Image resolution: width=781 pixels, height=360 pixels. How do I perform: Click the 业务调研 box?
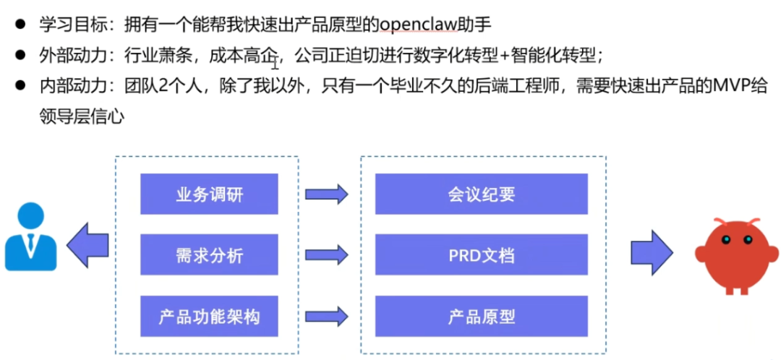tap(209, 194)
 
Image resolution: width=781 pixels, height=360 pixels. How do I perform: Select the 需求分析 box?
tap(209, 255)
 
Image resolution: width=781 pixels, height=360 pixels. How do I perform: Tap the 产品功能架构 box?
tap(209, 316)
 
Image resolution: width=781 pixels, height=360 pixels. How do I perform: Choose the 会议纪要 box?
tap(481, 194)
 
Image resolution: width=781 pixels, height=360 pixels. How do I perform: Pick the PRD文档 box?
tap(481, 255)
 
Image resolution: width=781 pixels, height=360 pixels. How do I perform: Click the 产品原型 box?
tap(481, 316)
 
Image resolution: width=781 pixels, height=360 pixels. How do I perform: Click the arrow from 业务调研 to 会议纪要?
tap(326, 194)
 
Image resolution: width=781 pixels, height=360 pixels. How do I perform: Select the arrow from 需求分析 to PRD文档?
tap(326, 255)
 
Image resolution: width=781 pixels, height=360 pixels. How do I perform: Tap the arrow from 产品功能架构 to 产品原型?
tap(326, 316)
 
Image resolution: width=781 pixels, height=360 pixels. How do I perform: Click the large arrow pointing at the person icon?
tap(88, 245)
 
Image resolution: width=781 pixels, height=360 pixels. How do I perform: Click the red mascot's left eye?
tap(726, 240)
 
